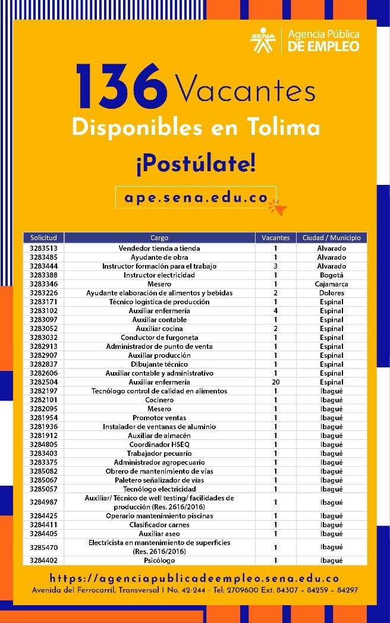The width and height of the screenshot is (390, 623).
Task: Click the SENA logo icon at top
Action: tap(263, 40)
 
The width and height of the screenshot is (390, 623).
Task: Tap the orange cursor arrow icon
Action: tap(278, 207)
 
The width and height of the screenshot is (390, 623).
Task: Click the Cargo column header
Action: tap(159, 238)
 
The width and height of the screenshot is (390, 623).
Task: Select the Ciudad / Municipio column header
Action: tap(331, 238)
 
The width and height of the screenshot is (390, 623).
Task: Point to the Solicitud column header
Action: tap(43, 238)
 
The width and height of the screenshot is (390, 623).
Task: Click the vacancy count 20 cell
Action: tap(276, 382)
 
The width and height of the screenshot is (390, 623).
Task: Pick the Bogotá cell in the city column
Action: tap(331, 275)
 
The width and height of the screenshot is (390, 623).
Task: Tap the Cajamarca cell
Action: tap(331, 284)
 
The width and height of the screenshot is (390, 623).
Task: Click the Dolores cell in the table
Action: tap(331, 293)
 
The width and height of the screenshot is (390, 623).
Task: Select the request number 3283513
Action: tap(43, 248)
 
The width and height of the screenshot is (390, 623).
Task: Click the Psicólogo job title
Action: tap(159, 561)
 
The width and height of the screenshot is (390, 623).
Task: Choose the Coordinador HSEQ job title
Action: tap(159, 445)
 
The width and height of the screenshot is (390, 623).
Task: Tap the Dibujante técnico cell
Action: tap(159, 364)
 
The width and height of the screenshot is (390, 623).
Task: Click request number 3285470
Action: tap(43, 547)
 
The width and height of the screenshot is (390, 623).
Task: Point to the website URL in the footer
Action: tap(194, 578)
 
